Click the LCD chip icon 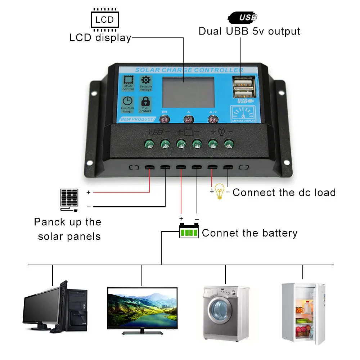pyautogui.click(x=104, y=19)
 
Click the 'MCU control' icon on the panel pyautogui.click(x=128, y=83)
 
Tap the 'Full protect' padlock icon pyautogui.click(x=146, y=104)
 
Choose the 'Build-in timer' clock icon pyautogui.click(x=127, y=104)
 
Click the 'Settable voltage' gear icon pyautogui.click(x=146, y=83)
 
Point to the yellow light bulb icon pyautogui.click(x=220, y=192)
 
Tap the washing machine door pyautogui.click(x=221, y=312)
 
